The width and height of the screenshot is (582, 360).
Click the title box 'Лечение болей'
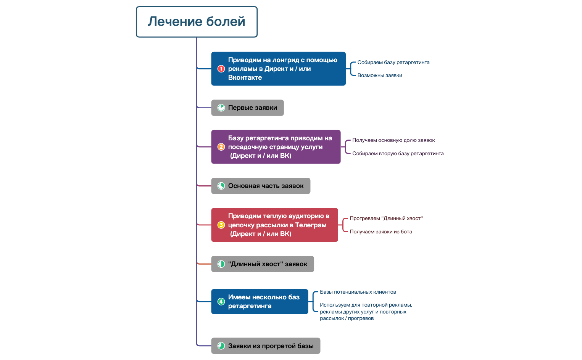pos(197,22)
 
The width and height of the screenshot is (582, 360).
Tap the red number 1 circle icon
pos(221,69)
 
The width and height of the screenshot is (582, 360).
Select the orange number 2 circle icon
pos(221,147)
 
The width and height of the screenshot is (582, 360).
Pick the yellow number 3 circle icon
pos(221,225)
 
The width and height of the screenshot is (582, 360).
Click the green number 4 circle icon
pos(221,302)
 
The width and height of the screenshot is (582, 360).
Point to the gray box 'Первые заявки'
pos(247,108)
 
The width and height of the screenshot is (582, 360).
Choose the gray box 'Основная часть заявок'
pos(261,186)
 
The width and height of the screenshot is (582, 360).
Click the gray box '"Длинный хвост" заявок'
pos(263,264)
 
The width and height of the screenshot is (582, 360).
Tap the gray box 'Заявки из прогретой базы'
pos(266,346)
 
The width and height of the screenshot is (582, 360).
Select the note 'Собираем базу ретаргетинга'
pos(393,62)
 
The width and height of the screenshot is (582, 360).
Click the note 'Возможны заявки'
pos(380,75)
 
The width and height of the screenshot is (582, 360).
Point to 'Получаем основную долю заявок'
pos(393,140)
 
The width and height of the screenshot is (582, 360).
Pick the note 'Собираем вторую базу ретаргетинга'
pos(398,153)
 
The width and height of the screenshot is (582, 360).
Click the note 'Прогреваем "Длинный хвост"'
pos(386,218)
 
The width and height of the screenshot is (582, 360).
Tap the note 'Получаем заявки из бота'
pos(381,231)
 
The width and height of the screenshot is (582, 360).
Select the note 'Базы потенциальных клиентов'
pos(358,292)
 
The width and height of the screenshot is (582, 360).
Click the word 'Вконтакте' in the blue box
pos(245,78)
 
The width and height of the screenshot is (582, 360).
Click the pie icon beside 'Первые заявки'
pos(221,108)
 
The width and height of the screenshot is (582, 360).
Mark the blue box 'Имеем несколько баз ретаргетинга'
pos(260,302)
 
